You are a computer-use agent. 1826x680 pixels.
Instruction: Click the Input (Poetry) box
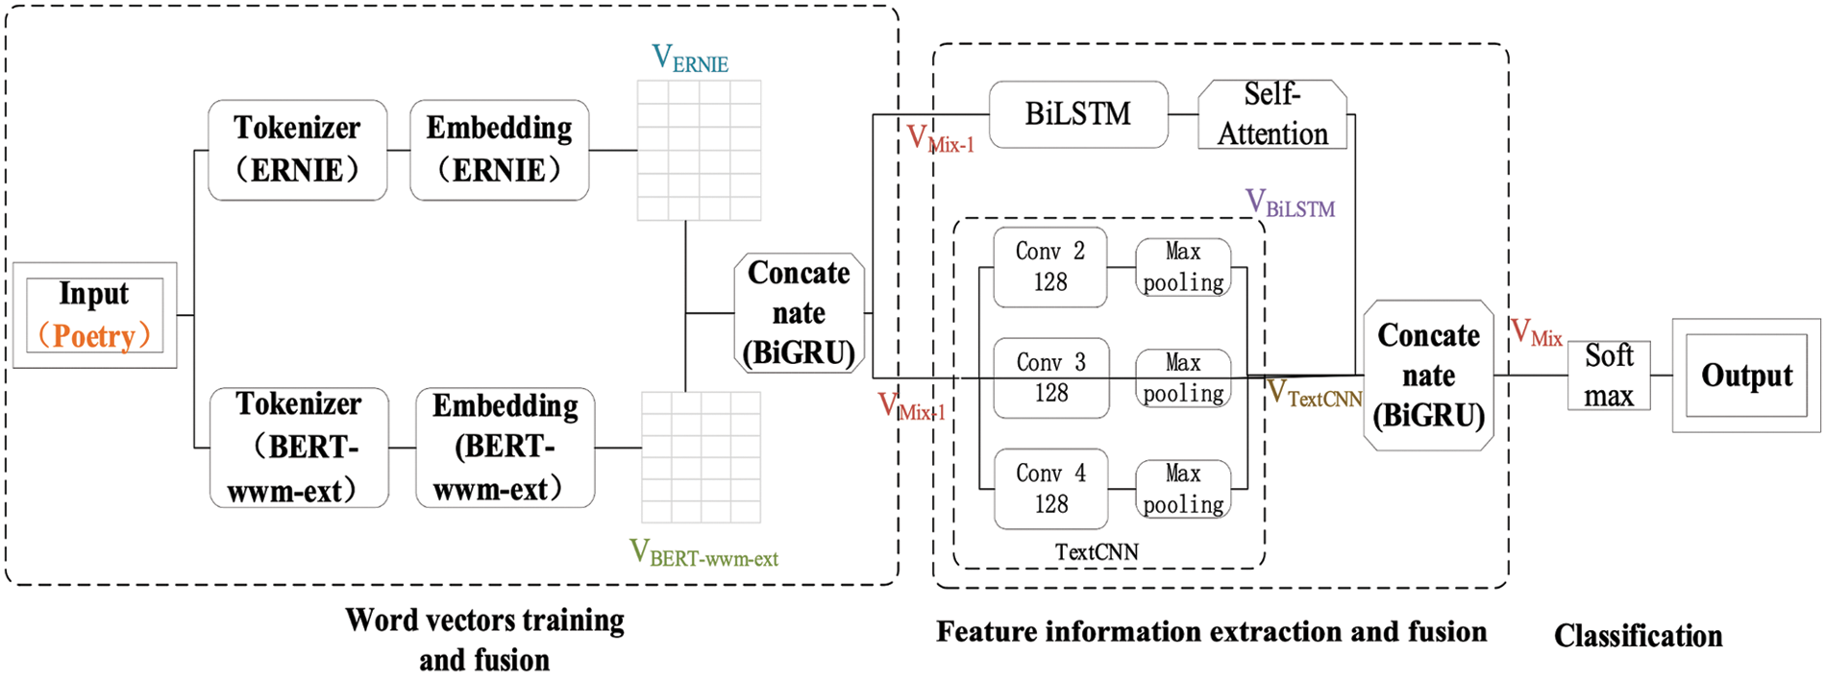tap(94, 315)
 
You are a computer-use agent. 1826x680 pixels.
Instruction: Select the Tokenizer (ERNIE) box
tap(298, 150)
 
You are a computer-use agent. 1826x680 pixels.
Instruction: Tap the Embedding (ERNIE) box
tap(500, 150)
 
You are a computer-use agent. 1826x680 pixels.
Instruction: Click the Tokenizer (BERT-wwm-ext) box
tap(299, 448)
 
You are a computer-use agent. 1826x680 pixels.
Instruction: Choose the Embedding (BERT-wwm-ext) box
tap(506, 448)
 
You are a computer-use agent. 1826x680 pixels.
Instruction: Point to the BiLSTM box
tap(1079, 114)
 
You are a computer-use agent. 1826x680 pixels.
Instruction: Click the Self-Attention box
tap(1272, 114)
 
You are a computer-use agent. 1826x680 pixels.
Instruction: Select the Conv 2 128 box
tap(1050, 267)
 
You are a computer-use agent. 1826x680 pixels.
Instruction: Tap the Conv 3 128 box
tap(1051, 377)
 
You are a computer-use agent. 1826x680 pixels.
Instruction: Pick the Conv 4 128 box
tap(1051, 488)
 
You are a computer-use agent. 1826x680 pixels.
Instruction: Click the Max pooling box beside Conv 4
tap(1183, 490)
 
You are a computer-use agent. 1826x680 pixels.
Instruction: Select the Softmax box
tap(1609, 376)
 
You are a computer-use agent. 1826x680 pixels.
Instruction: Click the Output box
tap(1746, 376)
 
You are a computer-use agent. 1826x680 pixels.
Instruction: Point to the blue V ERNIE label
tap(690, 59)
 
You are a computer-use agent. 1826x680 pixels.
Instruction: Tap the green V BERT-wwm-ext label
tap(703, 553)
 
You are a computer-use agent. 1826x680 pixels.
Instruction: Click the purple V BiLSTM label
tap(1290, 204)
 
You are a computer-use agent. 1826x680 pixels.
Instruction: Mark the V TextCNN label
tap(1315, 393)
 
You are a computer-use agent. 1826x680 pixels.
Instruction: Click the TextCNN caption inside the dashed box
tap(1097, 552)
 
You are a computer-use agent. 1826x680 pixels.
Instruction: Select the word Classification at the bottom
tap(1638, 636)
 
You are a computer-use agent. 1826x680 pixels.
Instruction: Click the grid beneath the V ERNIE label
tap(700, 151)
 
